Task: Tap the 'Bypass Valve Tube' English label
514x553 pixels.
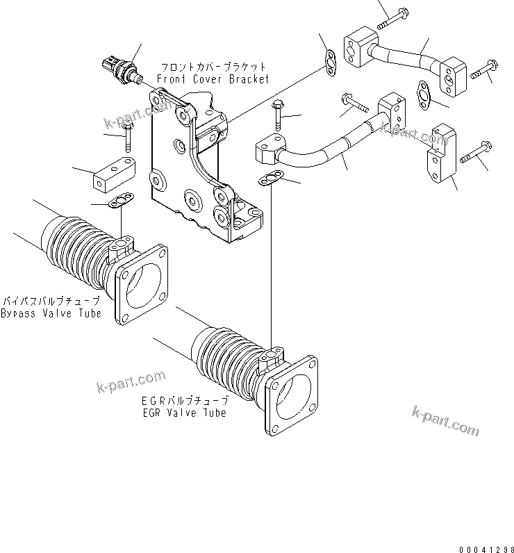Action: pos(51,313)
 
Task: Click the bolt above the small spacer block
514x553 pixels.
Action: pos(128,137)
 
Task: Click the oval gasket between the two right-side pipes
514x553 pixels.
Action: pos(423,94)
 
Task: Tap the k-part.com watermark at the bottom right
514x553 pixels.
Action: pos(445,421)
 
